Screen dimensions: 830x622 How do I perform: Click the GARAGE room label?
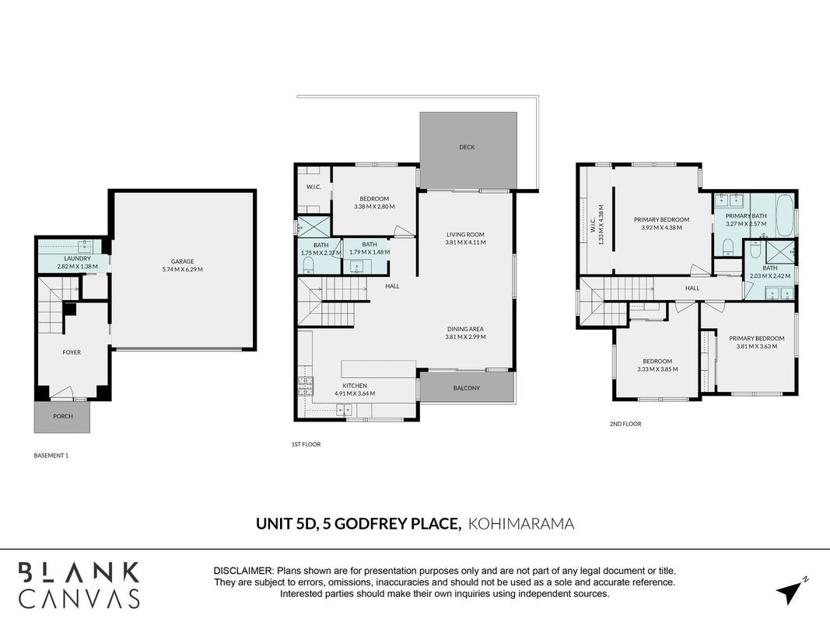[x=182, y=261]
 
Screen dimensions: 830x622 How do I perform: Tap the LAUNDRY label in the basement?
[x=77, y=259]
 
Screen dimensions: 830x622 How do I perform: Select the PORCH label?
[x=62, y=416]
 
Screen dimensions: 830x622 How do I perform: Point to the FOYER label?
[x=72, y=352]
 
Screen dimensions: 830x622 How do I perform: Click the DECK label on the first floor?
[x=467, y=147]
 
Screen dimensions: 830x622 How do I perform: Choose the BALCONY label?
[x=467, y=388]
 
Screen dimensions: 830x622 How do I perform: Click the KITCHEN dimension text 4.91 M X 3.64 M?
[x=355, y=393]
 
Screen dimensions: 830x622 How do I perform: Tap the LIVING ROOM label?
[x=465, y=235]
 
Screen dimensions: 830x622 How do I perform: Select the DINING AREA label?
[x=465, y=329]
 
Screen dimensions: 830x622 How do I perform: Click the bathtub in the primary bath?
[x=784, y=216]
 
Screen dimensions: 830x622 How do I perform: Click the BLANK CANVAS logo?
[x=79, y=585]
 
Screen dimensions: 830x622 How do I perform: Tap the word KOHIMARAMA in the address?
[x=521, y=524]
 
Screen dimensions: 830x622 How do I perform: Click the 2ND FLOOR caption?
[x=625, y=424]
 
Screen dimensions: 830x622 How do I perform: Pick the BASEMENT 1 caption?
[x=51, y=456]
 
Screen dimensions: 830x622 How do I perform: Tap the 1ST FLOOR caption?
[x=306, y=444]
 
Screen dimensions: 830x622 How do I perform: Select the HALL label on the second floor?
[x=692, y=288]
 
